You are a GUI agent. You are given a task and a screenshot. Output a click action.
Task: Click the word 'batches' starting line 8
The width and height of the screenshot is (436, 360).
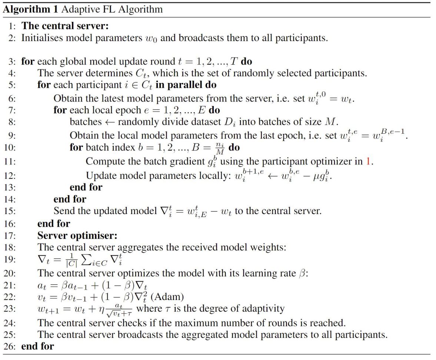click(x=85, y=122)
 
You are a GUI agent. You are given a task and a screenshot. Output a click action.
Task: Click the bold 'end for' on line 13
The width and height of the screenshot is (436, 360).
click(x=86, y=187)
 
